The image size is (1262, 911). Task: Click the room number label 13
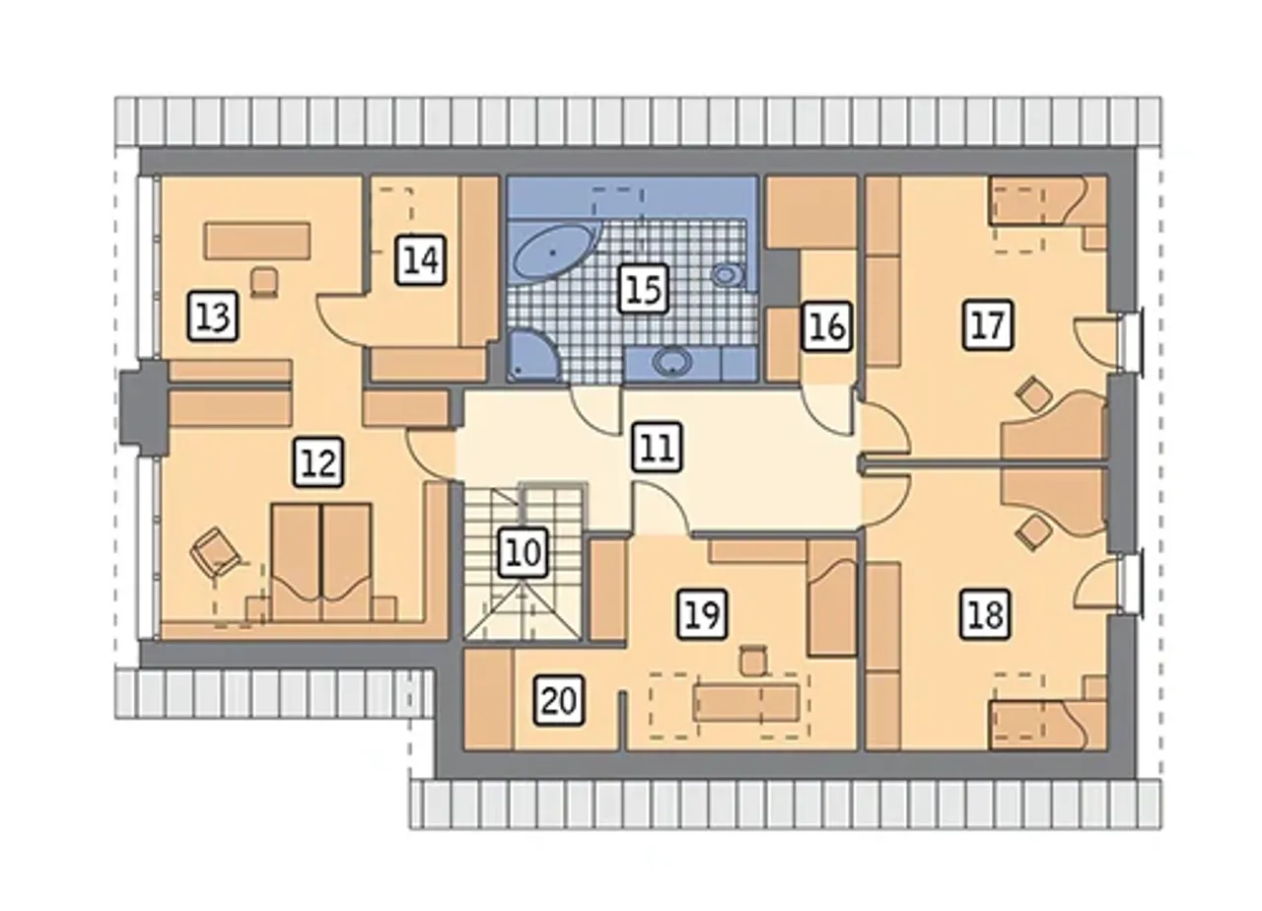(x=213, y=316)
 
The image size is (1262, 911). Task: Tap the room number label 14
(x=421, y=260)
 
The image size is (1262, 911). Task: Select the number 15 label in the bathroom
(x=644, y=288)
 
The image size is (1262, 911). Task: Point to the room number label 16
(x=826, y=326)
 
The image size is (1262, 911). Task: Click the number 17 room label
(x=988, y=324)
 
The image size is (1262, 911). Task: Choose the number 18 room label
(x=986, y=614)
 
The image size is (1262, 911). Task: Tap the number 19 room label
(x=703, y=614)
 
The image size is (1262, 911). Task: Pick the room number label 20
(x=559, y=701)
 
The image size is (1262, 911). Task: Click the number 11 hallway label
(x=657, y=447)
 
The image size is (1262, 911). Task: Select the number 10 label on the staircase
(x=524, y=552)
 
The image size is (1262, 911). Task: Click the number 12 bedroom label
(x=318, y=462)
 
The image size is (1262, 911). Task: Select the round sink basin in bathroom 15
(x=672, y=361)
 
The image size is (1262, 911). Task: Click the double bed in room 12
(x=321, y=562)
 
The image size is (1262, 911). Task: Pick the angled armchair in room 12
(x=215, y=552)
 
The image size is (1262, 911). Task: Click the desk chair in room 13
(x=264, y=281)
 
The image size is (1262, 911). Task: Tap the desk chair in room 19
(x=752, y=661)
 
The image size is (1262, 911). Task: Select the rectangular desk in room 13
(x=257, y=241)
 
